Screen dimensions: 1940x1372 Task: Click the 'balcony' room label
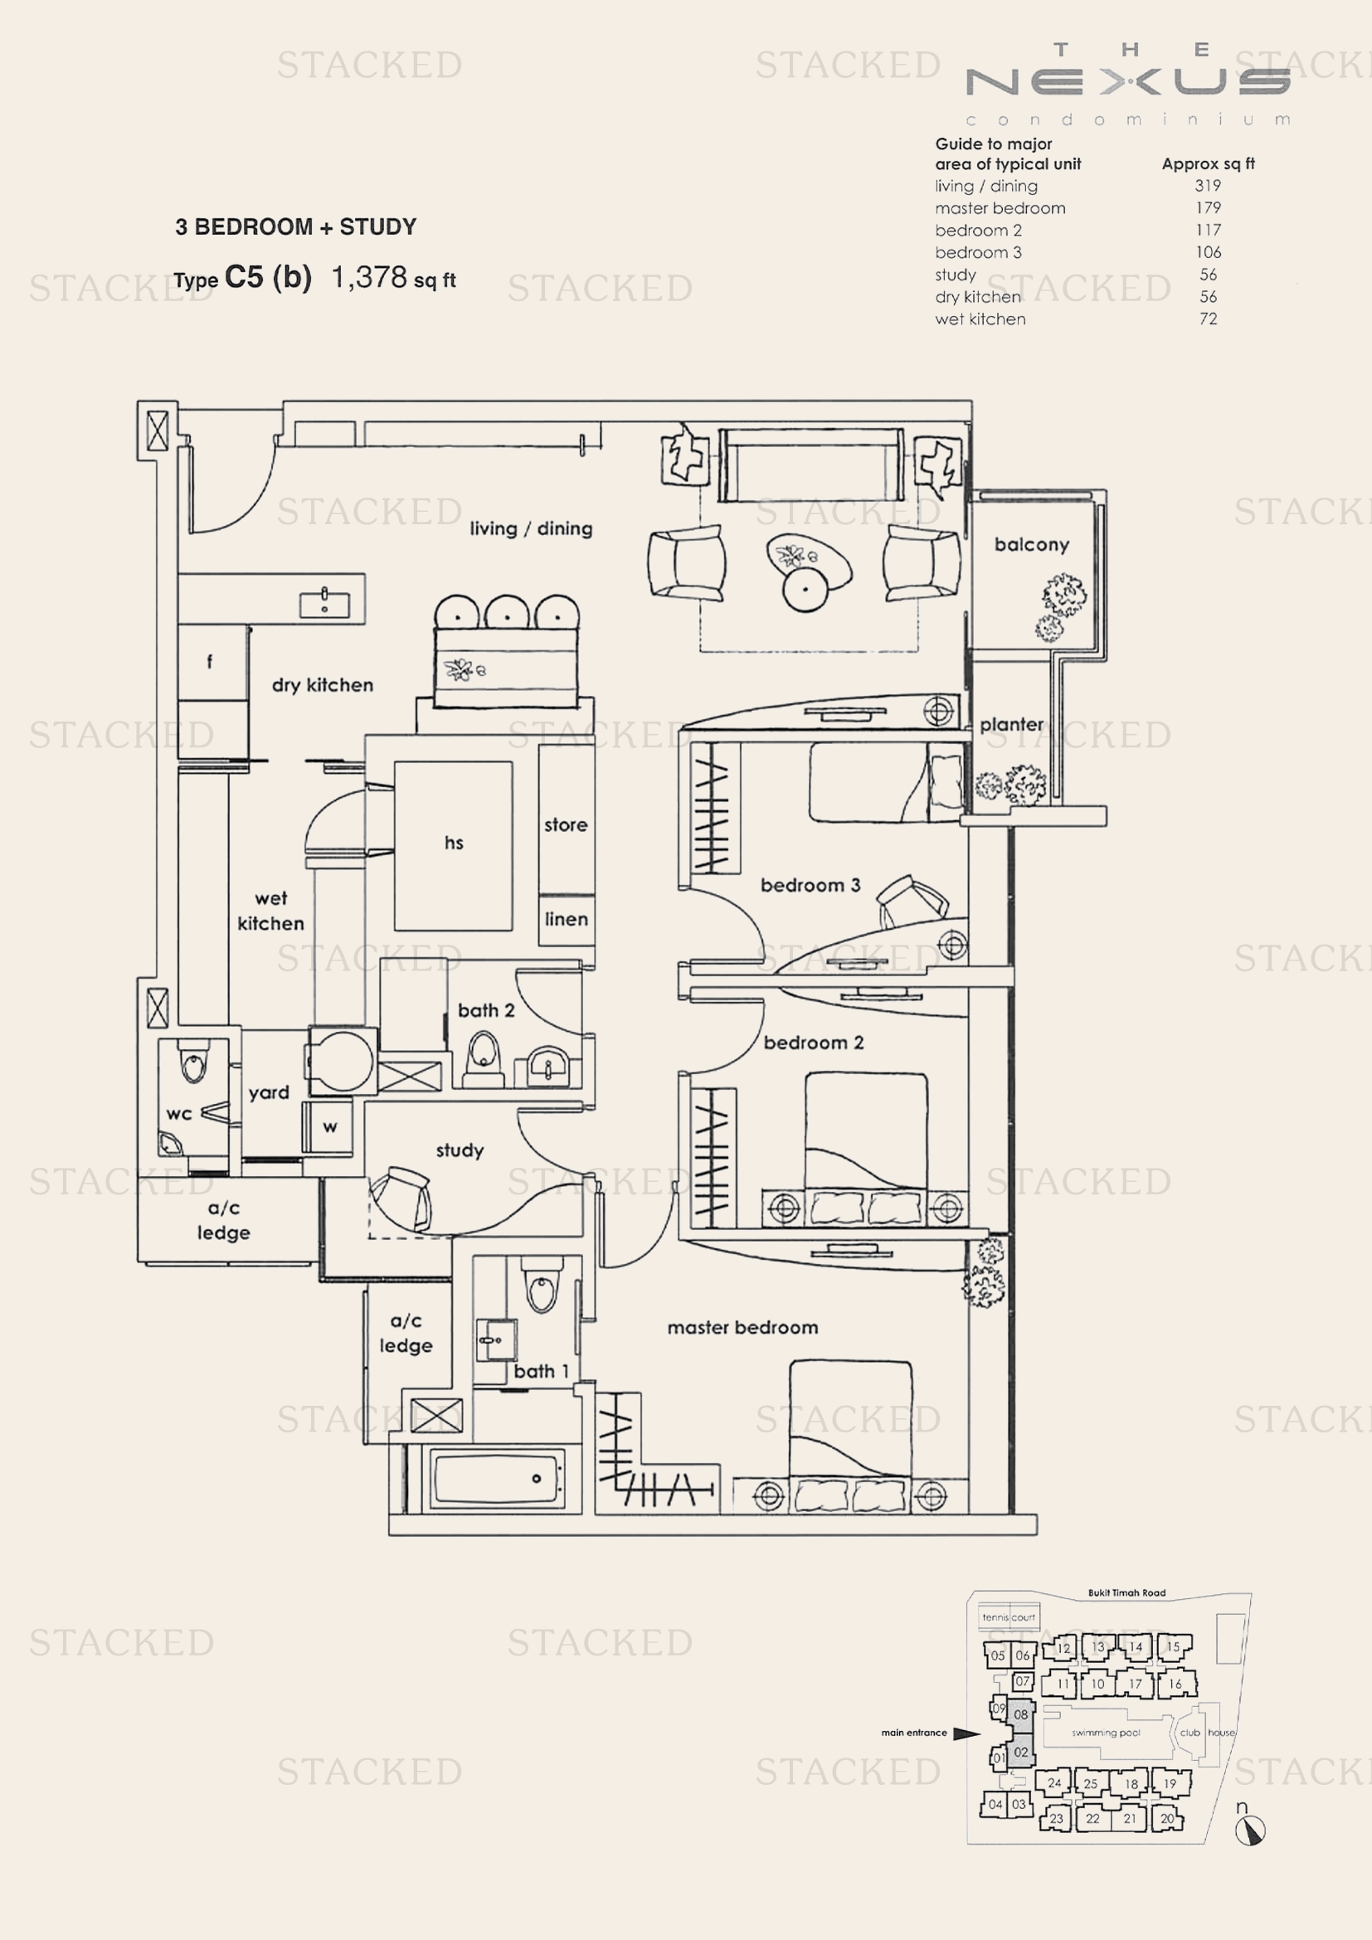coord(1032,545)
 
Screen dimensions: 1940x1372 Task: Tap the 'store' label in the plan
coord(565,824)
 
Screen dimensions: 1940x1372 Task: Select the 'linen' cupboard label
coord(566,919)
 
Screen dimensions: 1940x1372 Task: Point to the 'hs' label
coord(454,843)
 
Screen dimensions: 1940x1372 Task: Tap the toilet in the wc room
coord(193,1065)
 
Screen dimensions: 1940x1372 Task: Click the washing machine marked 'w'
coord(329,1126)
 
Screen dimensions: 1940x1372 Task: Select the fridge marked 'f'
coord(211,662)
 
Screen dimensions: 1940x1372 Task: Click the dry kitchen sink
coord(324,603)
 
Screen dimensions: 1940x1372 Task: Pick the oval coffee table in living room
coord(809,561)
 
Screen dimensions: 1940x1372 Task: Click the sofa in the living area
coord(810,465)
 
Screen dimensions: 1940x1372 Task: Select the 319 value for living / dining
coord(1207,186)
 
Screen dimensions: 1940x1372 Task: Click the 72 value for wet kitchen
coord(1208,318)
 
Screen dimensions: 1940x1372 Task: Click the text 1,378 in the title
coord(369,277)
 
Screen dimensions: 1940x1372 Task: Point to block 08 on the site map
coord(1020,1714)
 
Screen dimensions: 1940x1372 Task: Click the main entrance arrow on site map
coord(966,1733)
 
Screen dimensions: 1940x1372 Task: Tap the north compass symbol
coord(1249,1831)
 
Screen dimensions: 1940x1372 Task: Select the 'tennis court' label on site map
coord(1008,1617)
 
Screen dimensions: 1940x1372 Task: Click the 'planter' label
coord(1011,725)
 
